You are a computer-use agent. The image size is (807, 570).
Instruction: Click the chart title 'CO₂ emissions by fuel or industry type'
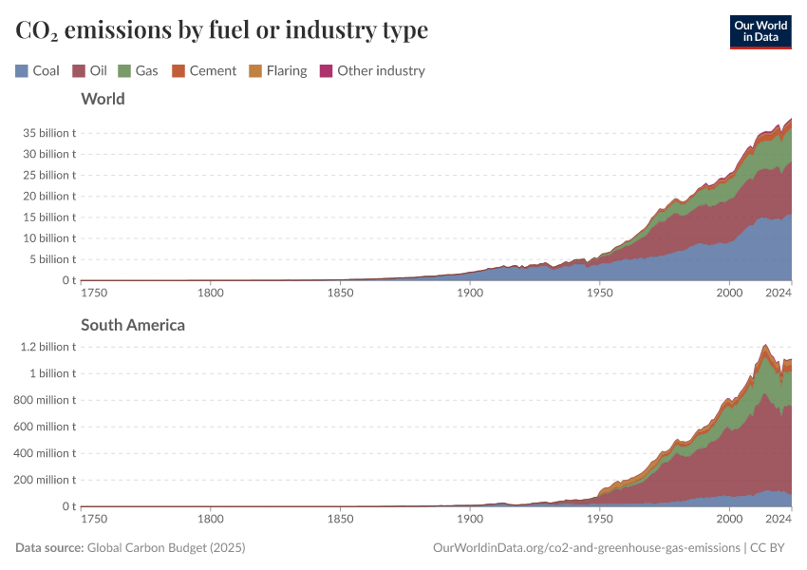221,30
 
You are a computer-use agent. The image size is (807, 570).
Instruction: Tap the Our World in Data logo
760,31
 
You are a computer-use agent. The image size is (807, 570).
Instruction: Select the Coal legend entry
38,70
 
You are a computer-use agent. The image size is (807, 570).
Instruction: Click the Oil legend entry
89,70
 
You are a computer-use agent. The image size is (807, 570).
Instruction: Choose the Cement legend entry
203,70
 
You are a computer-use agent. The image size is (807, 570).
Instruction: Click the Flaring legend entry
277,70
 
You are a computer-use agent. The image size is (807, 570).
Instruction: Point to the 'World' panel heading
103,99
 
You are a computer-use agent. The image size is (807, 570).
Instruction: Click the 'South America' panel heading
133,325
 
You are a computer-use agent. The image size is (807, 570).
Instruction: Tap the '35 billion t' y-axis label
49,132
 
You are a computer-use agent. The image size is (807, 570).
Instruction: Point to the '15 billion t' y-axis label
49,217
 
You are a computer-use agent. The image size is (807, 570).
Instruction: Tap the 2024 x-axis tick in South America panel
779,520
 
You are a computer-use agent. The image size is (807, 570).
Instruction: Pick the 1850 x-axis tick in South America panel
340,520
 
